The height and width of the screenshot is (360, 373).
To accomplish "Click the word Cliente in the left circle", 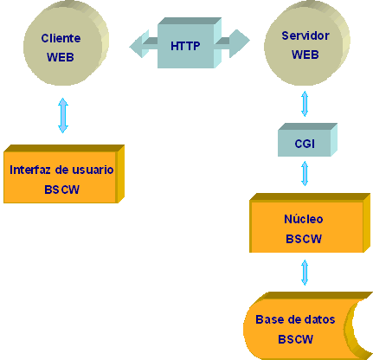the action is (61, 38).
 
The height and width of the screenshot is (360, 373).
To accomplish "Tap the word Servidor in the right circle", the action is (305, 35).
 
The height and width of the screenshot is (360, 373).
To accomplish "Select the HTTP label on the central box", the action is (185, 46).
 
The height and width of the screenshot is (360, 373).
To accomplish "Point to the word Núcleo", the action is (304, 219).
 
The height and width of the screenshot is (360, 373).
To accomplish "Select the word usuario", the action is (93, 170).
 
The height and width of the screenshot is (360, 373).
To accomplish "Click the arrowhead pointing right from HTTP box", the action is (240, 43).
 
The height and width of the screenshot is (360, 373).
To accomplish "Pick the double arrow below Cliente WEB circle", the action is (63, 115).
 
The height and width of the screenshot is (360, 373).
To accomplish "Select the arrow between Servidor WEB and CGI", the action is (305, 104).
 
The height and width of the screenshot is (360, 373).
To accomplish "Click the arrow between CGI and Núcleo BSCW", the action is (305, 173).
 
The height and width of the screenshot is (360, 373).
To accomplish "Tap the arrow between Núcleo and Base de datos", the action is (305, 273).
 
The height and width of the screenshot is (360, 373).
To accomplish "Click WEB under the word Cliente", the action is (61, 57).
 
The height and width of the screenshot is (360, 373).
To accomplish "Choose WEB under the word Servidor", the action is (305, 55).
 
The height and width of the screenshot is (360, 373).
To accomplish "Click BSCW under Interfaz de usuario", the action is (61, 190).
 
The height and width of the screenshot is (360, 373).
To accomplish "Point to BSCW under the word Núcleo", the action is (304, 239).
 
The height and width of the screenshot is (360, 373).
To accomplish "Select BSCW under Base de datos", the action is (295, 339).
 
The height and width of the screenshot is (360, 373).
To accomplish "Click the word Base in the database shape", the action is (268, 319).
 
